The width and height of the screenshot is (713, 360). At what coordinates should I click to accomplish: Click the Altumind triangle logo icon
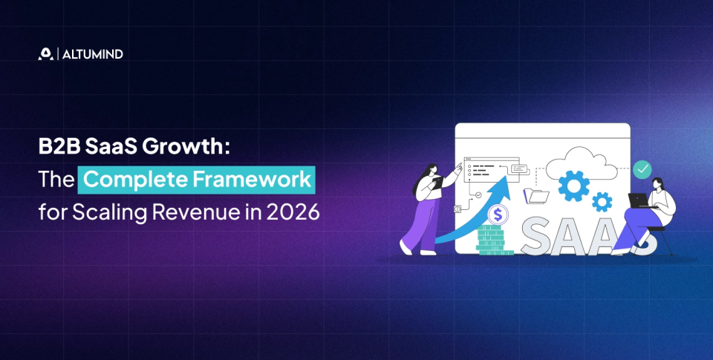coord(45,53)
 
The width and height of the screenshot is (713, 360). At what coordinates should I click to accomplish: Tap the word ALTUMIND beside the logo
coord(92,54)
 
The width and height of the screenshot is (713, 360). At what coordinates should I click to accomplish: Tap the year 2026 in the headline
coord(293,212)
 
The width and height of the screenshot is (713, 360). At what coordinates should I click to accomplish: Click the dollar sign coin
coord(498,215)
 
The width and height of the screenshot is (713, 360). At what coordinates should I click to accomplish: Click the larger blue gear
coord(573,186)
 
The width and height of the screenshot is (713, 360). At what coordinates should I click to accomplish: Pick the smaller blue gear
coord(602,201)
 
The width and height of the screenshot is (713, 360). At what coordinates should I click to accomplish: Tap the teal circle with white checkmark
coord(642,169)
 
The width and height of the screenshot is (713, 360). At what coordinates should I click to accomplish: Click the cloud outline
coord(582,161)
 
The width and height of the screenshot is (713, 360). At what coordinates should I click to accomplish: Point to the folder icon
coord(536,195)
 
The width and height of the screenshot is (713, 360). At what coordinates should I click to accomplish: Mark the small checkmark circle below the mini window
coord(478,195)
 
